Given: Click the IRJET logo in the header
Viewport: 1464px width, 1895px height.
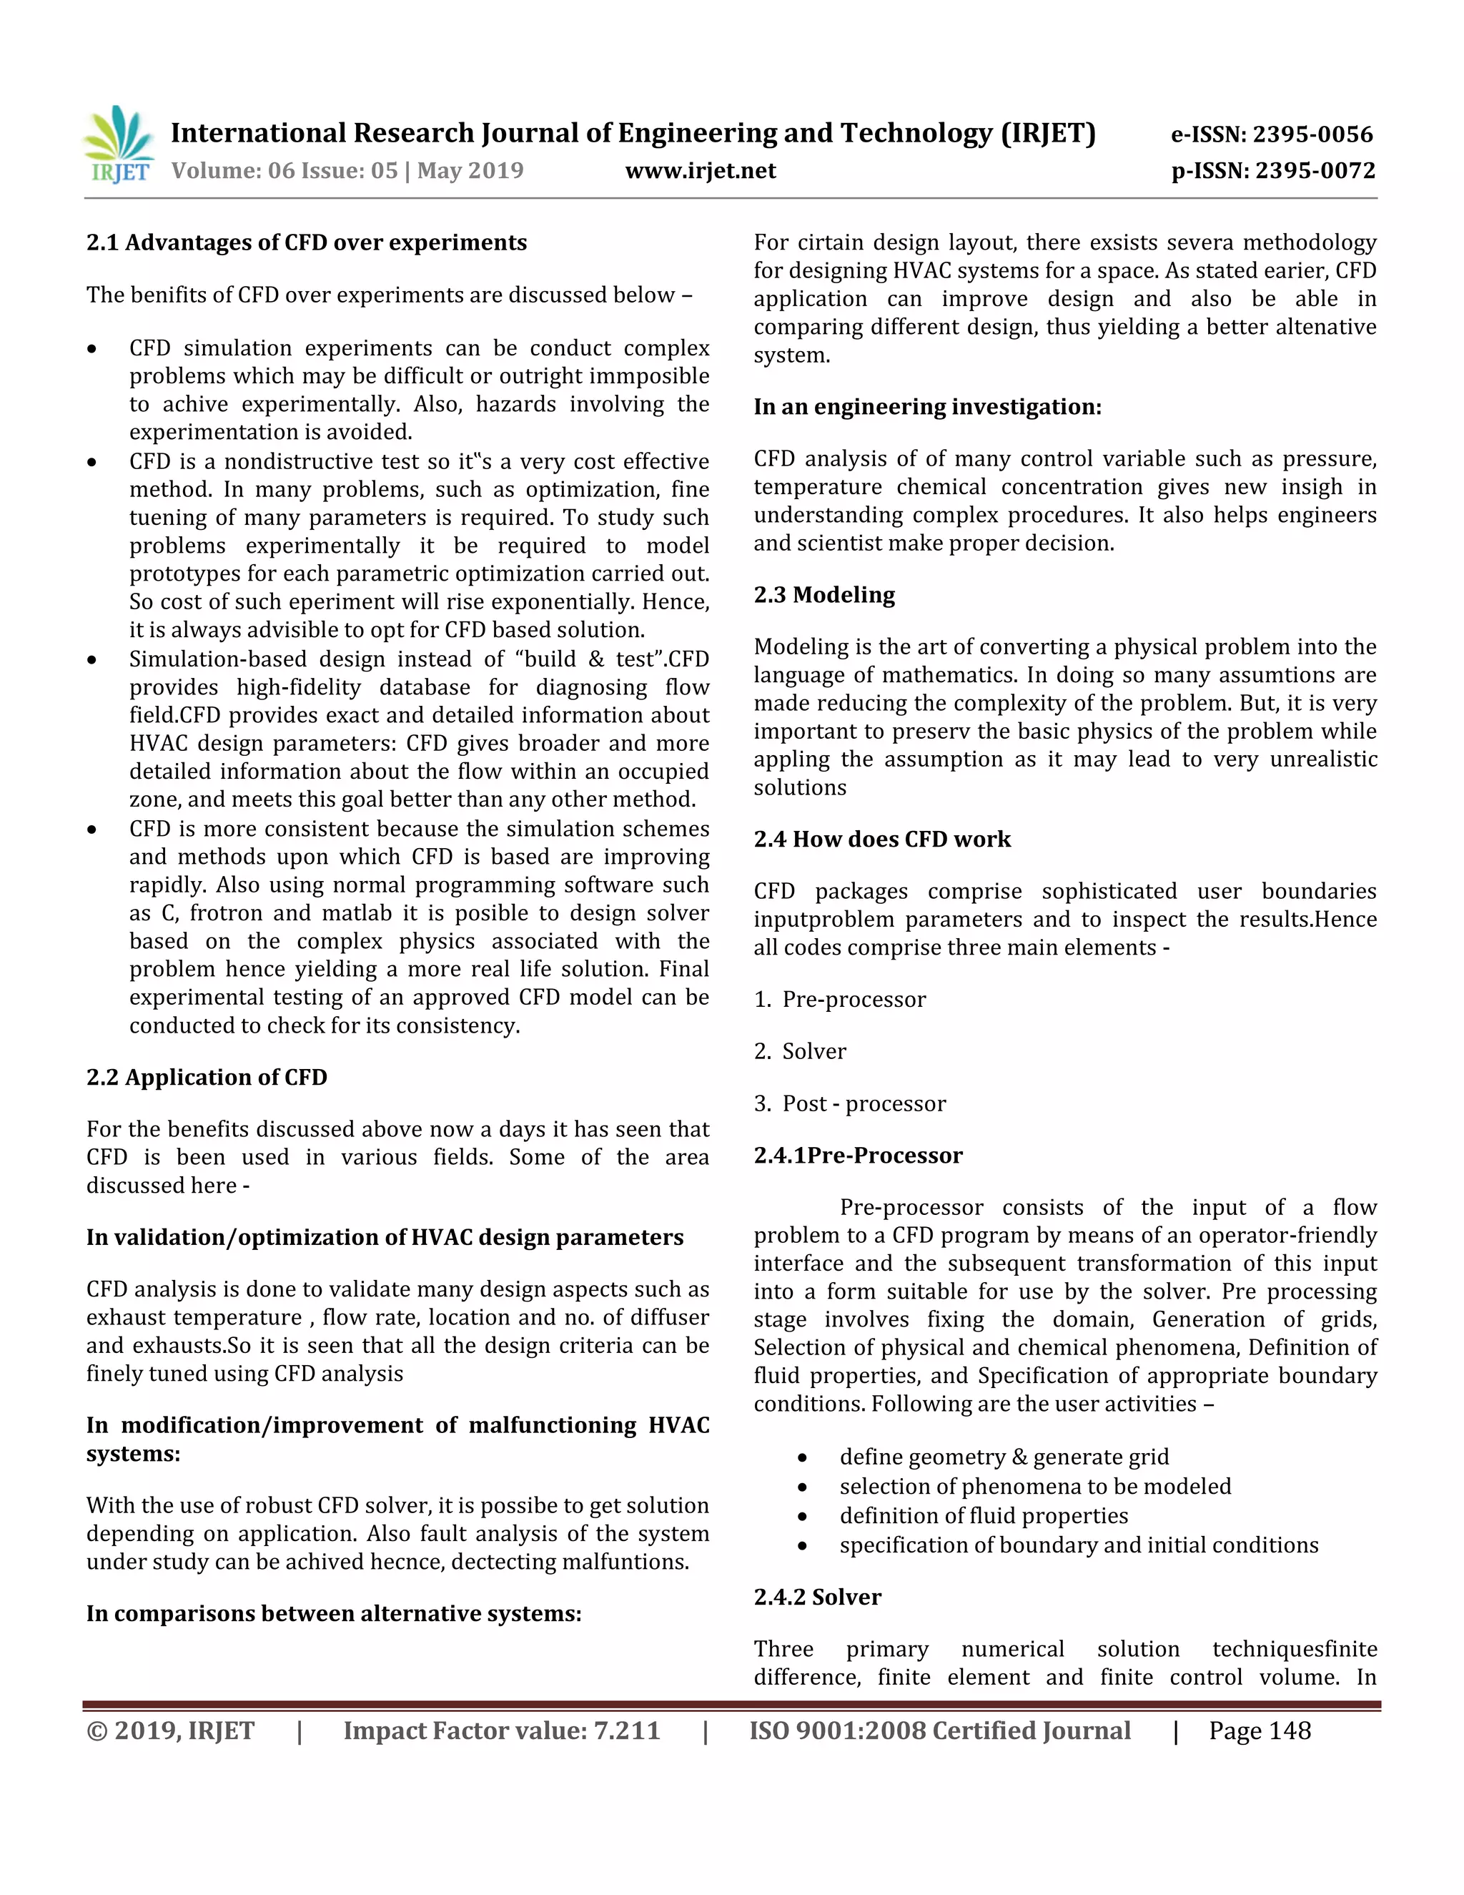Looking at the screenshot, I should [119, 145].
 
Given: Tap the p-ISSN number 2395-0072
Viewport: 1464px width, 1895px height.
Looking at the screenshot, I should [1315, 170].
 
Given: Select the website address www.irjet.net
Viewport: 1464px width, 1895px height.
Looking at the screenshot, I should [700, 170].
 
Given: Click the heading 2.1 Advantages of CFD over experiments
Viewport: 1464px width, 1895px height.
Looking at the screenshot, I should [306, 242].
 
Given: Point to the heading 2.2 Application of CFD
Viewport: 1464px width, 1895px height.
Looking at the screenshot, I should [207, 1077].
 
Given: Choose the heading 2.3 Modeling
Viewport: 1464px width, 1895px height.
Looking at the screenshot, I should [824, 594].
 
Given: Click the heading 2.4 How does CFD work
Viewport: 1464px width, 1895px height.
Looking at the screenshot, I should [882, 839].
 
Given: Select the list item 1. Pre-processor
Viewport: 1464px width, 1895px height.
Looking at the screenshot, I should [839, 999].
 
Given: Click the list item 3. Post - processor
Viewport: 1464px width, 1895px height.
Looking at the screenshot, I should [850, 1103].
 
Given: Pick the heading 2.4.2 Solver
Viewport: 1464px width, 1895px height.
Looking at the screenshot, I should [817, 1597].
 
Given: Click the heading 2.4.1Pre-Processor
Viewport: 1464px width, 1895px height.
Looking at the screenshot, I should [858, 1155].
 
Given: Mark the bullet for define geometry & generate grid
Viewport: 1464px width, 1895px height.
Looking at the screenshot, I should [803, 1457].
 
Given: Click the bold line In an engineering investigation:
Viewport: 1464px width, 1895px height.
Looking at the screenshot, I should [927, 406].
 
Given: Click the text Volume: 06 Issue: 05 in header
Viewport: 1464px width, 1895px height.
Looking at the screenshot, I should [285, 170].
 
